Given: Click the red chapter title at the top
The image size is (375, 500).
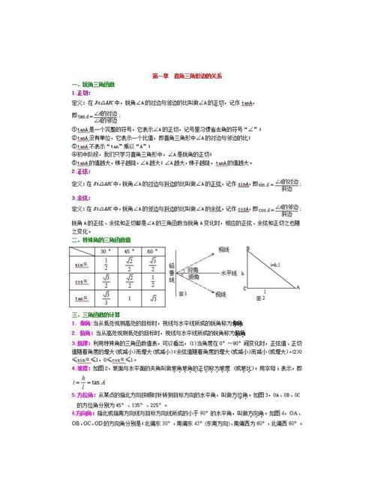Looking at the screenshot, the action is pos(187,76).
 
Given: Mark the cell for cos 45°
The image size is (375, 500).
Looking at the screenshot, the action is pos(129,282).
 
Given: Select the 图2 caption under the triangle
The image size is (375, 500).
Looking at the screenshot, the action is pos(260,298).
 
